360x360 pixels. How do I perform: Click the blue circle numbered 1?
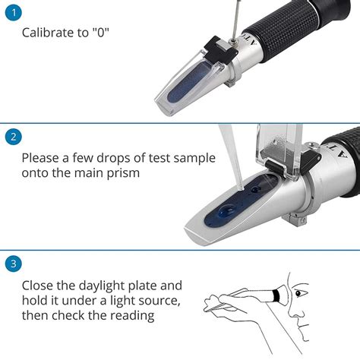tap(13, 12)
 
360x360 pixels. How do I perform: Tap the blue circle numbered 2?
tap(13, 137)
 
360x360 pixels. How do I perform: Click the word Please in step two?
tap(43, 158)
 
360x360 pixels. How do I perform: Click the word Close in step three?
tap(39, 286)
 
